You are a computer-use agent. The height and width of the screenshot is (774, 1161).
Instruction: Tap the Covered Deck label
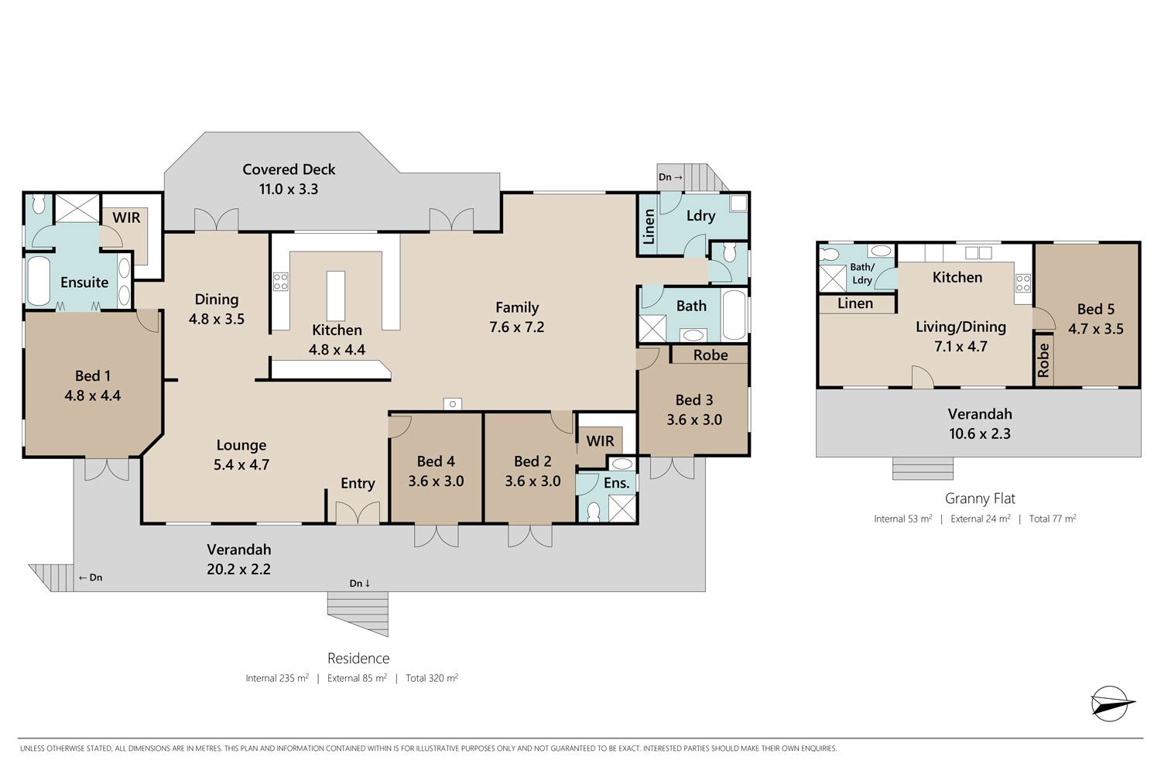tap(289, 170)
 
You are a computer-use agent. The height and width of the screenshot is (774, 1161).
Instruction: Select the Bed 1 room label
tap(93, 376)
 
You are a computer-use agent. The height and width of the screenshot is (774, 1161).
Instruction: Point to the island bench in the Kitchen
tap(336, 296)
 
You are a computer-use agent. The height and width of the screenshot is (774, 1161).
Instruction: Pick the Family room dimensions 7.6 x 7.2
tap(517, 327)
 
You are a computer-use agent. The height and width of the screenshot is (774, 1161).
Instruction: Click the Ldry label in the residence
tap(700, 216)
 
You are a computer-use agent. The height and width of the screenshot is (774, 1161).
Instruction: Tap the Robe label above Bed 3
tap(711, 355)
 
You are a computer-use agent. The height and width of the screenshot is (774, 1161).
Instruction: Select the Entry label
tap(358, 484)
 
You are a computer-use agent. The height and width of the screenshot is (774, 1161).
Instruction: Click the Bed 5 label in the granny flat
tap(1096, 309)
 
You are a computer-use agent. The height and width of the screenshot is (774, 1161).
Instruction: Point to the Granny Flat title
tap(980, 498)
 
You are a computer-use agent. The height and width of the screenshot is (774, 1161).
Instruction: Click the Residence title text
tap(358, 659)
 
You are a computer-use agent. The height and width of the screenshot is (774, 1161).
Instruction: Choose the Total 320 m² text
tap(432, 678)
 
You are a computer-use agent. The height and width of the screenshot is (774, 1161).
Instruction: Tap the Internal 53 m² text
tap(902, 519)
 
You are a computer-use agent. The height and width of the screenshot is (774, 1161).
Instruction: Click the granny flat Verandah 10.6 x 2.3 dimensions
tap(980, 433)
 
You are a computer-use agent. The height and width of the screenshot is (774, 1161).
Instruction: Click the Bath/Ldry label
tap(862, 274)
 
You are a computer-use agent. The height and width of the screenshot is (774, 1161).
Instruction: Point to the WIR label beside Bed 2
tap(600, 441)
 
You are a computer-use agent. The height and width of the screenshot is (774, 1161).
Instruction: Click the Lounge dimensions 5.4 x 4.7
tap(241, 464)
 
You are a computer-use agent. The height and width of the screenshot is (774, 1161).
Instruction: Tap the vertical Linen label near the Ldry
tap(649, 227)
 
